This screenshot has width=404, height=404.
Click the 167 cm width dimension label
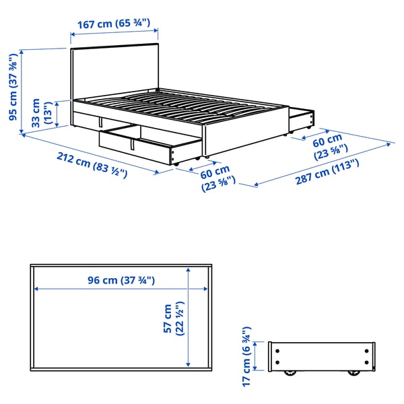[114, 24]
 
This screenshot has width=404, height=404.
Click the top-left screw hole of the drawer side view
[277, 349]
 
